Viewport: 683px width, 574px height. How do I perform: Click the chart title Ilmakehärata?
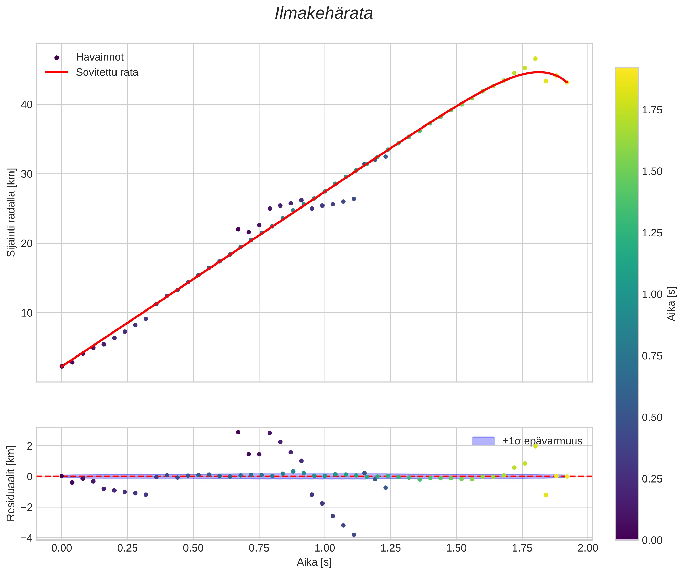coord(323,14)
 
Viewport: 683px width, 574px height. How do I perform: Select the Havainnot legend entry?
coord(100,57)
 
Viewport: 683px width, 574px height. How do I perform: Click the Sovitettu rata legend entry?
coord(107,72)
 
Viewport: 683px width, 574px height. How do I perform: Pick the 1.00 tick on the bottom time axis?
coord(325,548)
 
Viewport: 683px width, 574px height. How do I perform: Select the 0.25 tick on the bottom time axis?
coord(127,548)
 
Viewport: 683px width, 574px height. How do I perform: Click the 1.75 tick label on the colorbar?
coord(652,110)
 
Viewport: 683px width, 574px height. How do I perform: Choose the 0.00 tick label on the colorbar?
coord(652,540)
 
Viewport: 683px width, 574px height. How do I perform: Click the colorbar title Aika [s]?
coord(671,304)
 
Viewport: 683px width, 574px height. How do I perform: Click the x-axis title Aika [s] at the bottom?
coord(314,562)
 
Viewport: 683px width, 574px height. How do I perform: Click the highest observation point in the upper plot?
coord(535,59)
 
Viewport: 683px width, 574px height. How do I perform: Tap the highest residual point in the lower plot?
coord(238,432)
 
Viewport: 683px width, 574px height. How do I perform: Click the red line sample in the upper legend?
coord(57,72)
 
